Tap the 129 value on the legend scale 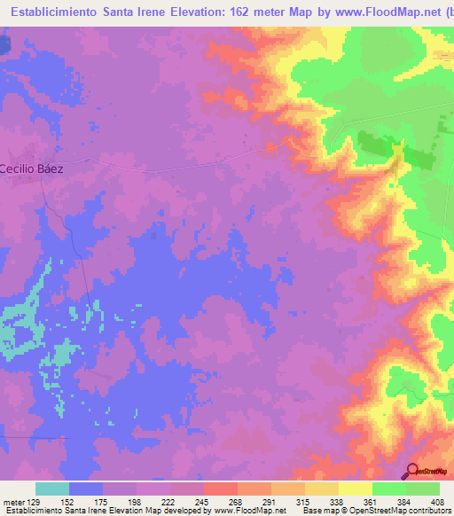35,501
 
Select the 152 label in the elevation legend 68,501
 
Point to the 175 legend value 102,501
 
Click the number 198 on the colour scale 136,501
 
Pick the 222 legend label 169,501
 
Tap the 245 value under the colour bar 203,501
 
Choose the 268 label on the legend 237,501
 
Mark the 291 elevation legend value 270,501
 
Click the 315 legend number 304,501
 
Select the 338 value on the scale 338,501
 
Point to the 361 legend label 372,501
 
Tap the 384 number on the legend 405,501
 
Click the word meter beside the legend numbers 12,501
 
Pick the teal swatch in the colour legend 52,489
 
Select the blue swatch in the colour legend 86,489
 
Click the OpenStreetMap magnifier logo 412,471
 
